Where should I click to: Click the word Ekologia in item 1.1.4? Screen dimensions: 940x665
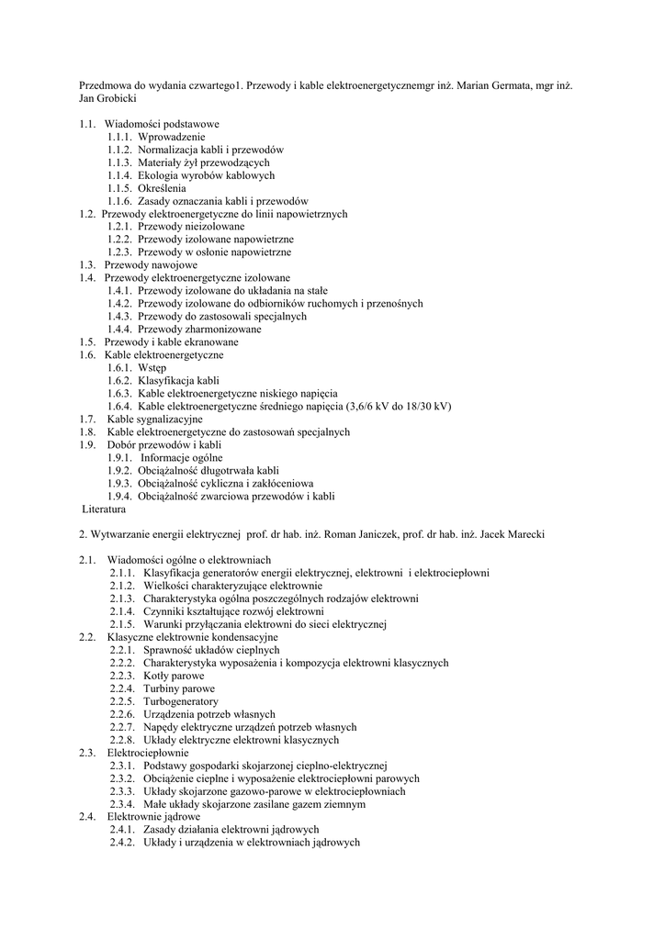(x=159, y=174)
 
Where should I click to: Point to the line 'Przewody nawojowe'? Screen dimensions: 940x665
(x=151, y=264)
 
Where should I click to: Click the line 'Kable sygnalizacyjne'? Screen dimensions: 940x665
(x=154, y=419)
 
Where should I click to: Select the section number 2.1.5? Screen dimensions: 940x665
(x=123, y=624)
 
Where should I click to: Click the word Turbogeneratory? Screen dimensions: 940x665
(x=181, y=701)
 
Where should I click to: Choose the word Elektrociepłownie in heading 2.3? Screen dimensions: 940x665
(x=148, y=753)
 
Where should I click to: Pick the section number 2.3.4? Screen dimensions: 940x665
(x=123, y=804)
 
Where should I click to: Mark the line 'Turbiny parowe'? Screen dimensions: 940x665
(x=179, y=688)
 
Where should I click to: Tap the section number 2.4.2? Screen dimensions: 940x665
(x=123, y=843)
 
